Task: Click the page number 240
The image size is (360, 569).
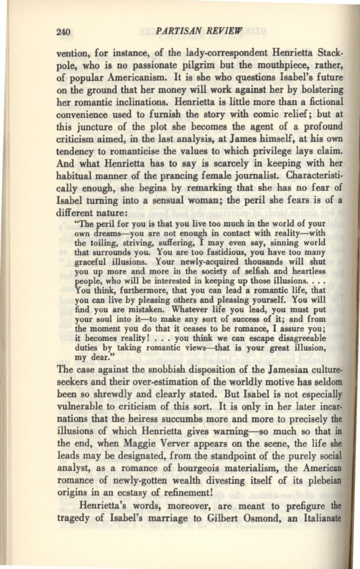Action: click(61, 32)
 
